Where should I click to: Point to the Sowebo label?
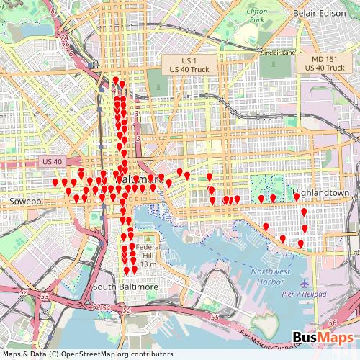(25, 201)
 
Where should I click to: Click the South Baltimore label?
(125, 287)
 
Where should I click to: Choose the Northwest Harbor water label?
(271, 276)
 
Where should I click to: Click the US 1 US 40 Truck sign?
(184, 63)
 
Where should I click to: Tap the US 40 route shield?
(53, 161)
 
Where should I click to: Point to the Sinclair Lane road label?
(279, 53)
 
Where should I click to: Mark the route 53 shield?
(45, 296)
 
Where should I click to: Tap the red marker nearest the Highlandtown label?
(296, 197)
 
